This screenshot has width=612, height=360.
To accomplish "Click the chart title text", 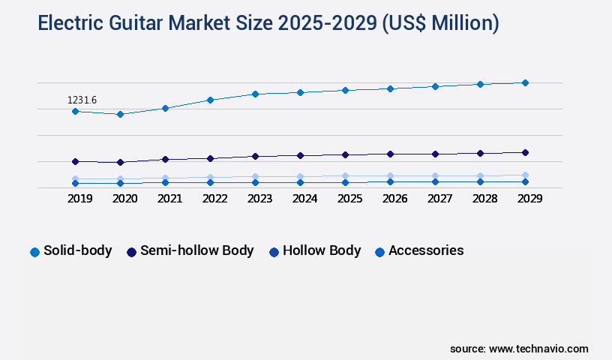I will point(268,24).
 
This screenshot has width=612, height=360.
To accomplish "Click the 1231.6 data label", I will point(82,100).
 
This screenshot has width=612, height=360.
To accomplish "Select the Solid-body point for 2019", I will point(75,111).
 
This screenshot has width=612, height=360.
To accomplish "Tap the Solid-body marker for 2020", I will point(120,114).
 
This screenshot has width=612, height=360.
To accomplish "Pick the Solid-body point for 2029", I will point(525,82).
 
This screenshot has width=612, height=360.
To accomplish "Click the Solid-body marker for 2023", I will point(255,94).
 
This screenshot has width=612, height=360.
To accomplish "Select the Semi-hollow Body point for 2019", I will point(75,161).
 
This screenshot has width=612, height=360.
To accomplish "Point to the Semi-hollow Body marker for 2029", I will point(525,152).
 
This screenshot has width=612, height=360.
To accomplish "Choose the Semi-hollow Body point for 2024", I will point(300,155).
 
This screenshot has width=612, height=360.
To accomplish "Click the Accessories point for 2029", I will point(525,181).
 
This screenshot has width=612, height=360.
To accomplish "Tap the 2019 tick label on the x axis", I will point(79,199).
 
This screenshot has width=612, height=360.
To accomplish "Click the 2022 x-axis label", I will point(214,199).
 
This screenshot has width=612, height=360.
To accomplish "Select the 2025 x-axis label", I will point(349,199).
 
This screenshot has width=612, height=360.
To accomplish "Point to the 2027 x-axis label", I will point(439,199).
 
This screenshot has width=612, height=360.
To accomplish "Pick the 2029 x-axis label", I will point(529,199).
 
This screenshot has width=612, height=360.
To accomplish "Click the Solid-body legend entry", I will point(71,251).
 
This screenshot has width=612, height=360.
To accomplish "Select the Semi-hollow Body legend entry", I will point(190,251).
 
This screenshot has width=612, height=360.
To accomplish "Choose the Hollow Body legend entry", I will point(315,251).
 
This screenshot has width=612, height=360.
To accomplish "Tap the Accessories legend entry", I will point(419,251).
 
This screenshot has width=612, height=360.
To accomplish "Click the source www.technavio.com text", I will point(519,349).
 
